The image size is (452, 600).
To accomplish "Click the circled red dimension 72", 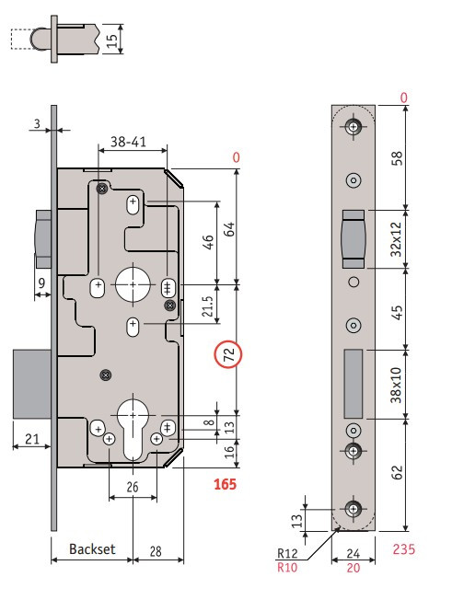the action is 228,354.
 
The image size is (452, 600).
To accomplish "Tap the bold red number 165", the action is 225,484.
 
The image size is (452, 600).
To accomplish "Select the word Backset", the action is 92,549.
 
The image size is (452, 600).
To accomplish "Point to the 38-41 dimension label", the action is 128,142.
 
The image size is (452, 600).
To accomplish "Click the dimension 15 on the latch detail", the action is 111,40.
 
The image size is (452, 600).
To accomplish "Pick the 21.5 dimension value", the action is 207,306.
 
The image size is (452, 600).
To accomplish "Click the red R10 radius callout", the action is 287,567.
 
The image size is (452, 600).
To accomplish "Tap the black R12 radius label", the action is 287,553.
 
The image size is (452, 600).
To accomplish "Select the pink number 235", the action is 404,549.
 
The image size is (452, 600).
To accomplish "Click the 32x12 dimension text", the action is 396,239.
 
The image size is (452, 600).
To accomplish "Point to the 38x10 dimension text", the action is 396,385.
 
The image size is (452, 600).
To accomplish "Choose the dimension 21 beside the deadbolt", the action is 32,439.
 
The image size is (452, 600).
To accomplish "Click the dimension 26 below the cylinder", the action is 133,487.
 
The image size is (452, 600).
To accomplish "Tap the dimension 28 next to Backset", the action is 156,551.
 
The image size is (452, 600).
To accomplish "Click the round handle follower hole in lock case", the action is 133,285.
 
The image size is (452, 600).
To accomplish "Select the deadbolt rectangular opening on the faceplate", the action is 353,384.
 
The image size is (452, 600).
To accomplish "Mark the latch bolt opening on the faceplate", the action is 353,239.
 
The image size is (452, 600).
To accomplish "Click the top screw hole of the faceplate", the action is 353,126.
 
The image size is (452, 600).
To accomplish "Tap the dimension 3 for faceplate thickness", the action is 37,123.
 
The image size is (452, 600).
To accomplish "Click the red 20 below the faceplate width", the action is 353,568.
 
